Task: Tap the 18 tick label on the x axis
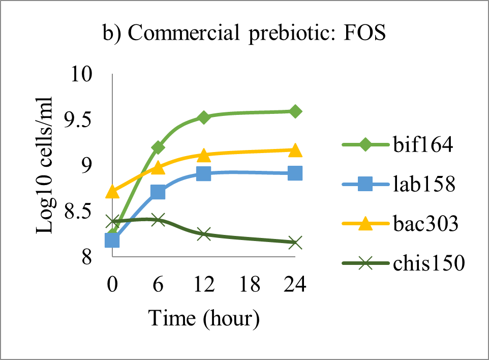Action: [x=250, y=285]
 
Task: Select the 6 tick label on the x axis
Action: [x=158, y=285]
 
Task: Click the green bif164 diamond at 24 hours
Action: [x=295, y=111]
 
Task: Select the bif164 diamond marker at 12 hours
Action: [x=204, y=117]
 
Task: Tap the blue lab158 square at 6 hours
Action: [x=158, y=192]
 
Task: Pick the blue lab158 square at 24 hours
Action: [x=295, y=173]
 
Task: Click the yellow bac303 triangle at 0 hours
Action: [x=112, y=192]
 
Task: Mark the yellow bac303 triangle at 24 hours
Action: [x=295, y=151]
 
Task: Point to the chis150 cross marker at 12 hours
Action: [x=204, y=234]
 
